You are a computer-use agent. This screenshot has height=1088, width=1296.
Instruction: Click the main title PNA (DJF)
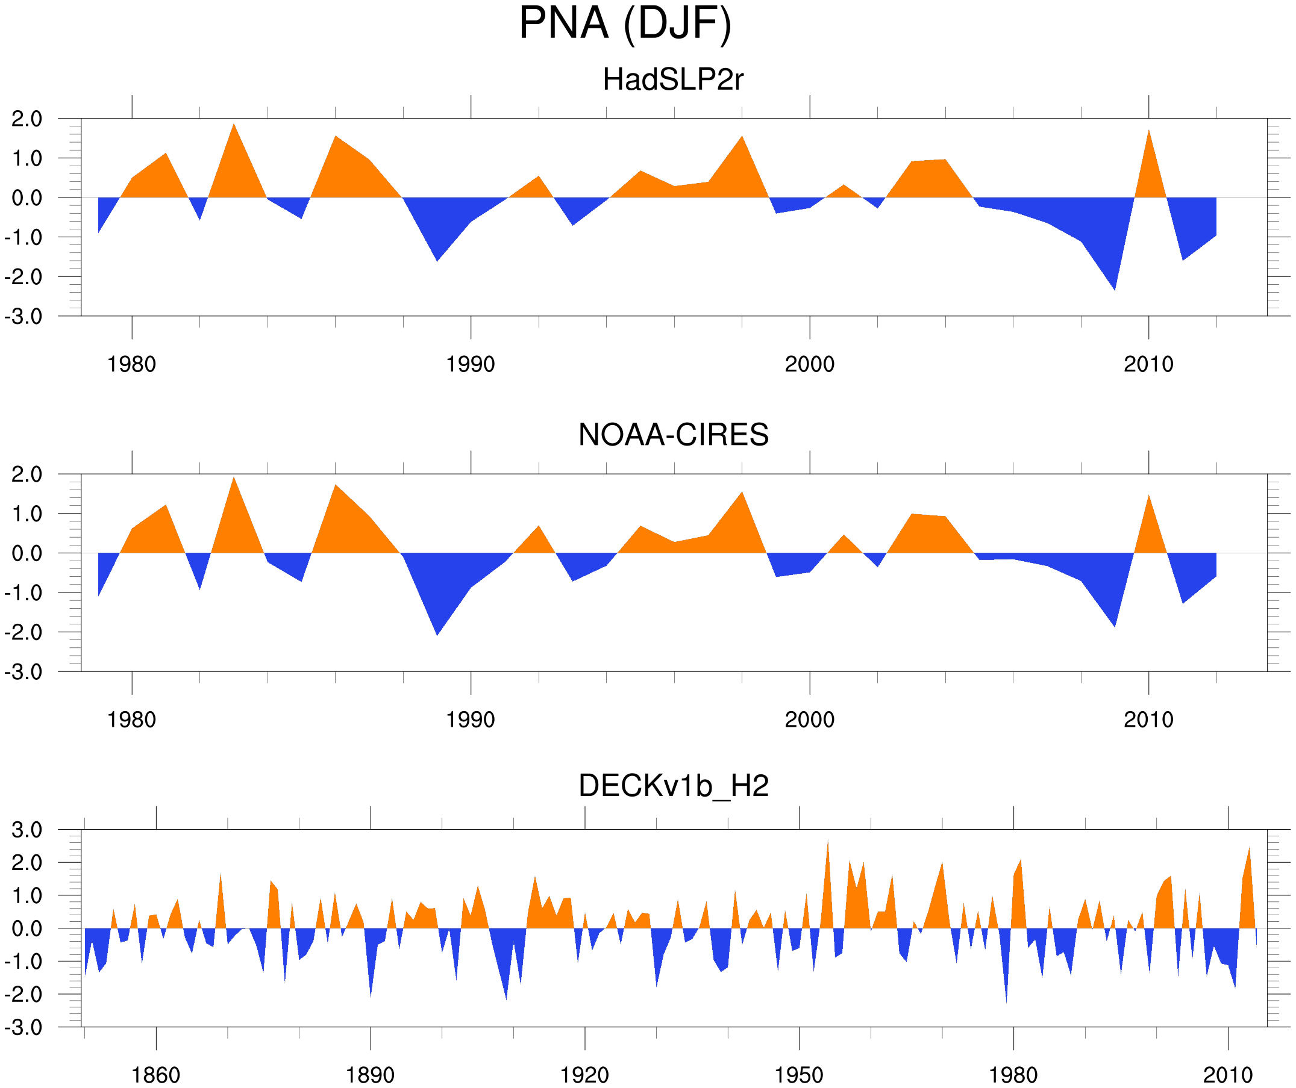coord(625,23)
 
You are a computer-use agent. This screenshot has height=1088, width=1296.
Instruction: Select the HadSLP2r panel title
coord(672,79)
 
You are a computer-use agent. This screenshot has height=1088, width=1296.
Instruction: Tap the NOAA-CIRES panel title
coord(672,435)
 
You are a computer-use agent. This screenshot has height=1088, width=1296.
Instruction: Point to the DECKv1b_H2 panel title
coord(672,786)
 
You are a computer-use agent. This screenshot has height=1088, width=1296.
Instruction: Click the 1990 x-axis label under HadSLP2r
coord(471,364)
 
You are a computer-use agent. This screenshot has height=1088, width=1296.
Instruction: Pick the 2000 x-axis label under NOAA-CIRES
coord(809,720)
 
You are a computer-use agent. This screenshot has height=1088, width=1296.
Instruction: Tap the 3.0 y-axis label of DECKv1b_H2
coord(27,830)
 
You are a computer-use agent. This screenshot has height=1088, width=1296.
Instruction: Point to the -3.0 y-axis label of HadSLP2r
coord(23,317)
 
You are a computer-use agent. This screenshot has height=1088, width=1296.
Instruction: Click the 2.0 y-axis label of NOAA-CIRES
coord(27,475)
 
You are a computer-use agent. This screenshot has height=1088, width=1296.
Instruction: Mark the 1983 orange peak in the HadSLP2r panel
coord(233,125)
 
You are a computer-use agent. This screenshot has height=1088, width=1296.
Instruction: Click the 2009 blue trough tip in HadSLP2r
coord(1115,288)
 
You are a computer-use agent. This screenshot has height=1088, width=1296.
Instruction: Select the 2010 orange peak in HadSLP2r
coord(1148,131)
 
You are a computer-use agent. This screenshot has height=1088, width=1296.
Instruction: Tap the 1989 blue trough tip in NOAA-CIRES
coord(437,633)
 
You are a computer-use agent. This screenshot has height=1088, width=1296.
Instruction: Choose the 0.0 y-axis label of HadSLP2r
coord(27,199)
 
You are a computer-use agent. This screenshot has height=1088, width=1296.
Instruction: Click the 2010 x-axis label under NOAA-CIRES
coord(1148,720)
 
